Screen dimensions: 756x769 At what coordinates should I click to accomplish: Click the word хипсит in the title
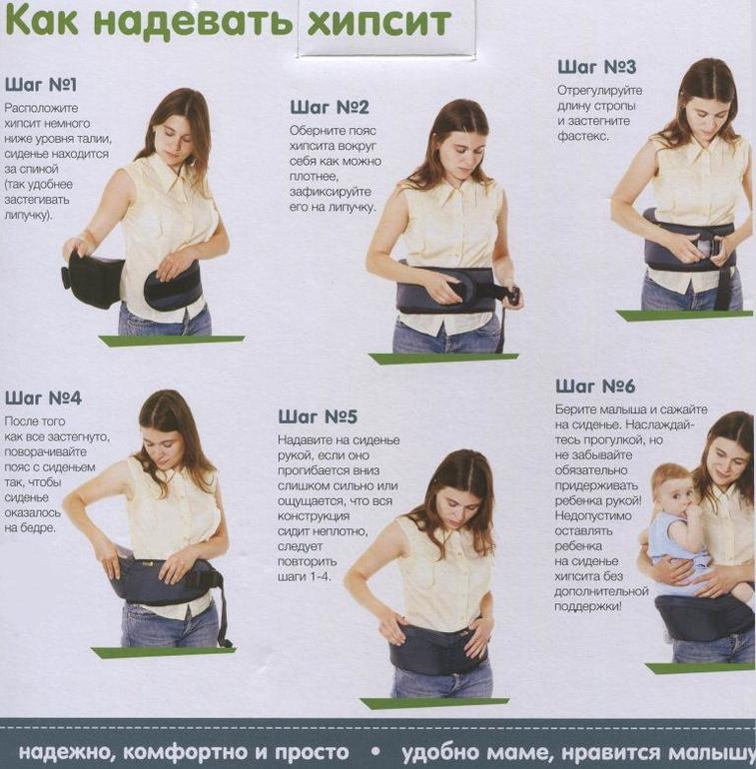tap(378, 22)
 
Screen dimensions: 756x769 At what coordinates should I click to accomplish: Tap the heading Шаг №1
tap(41, 85)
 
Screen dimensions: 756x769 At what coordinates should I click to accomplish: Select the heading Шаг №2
tap(329, 108)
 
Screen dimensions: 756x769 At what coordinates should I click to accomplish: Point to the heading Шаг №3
tap(596, 67)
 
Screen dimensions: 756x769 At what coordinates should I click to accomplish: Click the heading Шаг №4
tap(43, 397)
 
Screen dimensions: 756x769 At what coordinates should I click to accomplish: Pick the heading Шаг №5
tap(318, 416)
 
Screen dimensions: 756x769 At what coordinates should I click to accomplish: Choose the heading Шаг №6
tap(594, 386)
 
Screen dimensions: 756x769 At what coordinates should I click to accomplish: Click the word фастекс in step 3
tap(582, 136)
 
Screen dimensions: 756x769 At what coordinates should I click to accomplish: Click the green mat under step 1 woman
tap(171, 341)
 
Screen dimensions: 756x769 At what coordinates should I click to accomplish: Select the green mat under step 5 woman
tap(434, 703)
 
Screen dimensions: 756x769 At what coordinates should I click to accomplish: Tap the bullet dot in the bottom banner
tap(377, 751)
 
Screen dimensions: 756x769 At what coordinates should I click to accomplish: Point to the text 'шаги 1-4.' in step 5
tap(304, 576)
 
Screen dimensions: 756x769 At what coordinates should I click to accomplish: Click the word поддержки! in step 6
tap(588, 606)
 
